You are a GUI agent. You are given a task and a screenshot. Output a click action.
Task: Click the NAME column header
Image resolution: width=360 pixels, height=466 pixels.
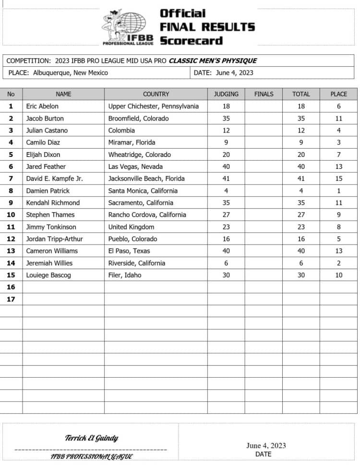pyautogui.click(x=63, y=94)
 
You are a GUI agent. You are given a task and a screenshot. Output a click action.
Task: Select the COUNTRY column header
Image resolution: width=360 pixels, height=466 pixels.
pyautogui.click(x=156, y=94)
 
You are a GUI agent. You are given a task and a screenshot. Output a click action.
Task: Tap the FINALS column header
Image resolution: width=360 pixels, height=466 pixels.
pyautogui.click(x=264, y=94)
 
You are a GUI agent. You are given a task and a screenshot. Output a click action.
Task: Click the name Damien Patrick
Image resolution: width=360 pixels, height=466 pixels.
pyautogui.click(x=48, y=191)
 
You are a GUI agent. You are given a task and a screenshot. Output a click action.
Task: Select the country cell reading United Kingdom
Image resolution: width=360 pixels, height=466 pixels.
pyautogui.click(x=132, y=227)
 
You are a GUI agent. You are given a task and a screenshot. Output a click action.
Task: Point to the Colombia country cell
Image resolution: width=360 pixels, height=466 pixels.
pyautogui.click(x=122, y=131)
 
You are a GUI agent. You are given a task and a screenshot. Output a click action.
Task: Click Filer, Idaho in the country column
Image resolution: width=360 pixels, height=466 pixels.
pyautogui.click(x=125, y=275)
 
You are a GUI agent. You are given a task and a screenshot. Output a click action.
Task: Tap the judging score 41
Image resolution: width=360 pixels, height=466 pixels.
pyautogui.click(x=226, y=179)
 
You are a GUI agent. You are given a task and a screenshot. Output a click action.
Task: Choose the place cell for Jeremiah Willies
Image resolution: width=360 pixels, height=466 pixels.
pyautogui.click(x=338, y=263)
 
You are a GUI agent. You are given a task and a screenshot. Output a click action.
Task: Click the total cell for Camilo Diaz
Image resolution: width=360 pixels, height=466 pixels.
pyautogui.click(x=301, y=143)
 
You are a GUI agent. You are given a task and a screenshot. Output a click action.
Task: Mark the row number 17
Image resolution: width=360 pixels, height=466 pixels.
pyautogui.click(x=11, y=299)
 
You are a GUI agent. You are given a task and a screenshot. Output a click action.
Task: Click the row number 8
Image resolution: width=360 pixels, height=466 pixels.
pyautogui.click(x=11, y=191)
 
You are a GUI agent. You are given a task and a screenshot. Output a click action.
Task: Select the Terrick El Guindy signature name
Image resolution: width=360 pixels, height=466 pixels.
pyautogui.click(x=91, y=438)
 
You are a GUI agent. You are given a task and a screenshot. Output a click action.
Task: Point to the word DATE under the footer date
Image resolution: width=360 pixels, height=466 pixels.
pyautogui.click(x=263, y=454)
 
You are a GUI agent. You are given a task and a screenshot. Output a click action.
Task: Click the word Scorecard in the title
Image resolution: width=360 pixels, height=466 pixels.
pyautogui.click(x=191, y=41)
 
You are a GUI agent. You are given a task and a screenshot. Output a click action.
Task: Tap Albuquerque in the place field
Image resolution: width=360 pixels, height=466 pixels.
pyautogui.click(x=53, y=73)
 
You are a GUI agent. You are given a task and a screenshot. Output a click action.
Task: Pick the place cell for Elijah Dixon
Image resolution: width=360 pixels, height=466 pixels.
pyautogui.click(x=338, y=155)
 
